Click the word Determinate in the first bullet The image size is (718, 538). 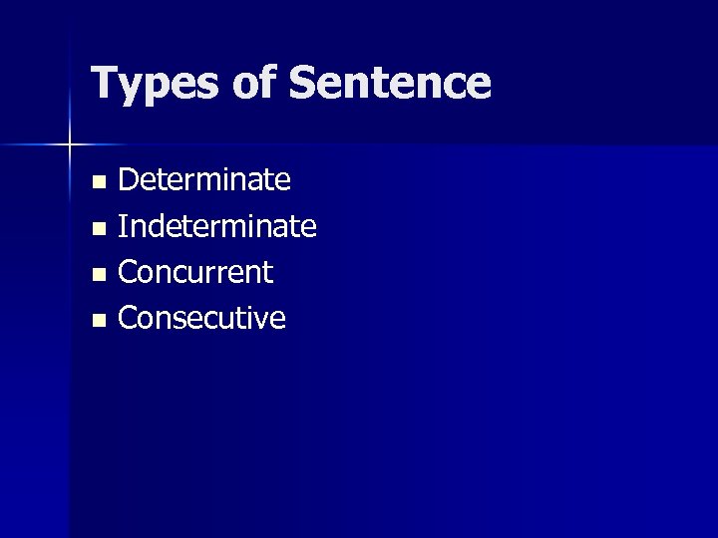click(205, 180)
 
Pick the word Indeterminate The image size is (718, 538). click(217, 226)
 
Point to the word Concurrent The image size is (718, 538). click(195, 272)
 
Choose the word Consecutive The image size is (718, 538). click(201, 318)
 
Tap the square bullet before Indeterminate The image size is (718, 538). click(97, 229)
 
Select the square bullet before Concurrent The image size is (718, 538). click(97, 275)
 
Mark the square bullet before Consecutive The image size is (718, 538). click(97, 321)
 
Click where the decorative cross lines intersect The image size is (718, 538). click(70, 145)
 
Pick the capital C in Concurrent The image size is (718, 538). click(130, 272)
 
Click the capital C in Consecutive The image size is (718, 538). click(130, 318)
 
